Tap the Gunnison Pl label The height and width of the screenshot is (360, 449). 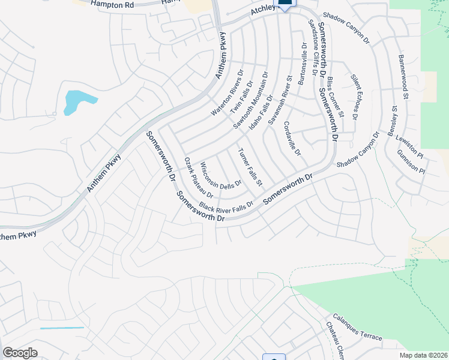(411, 162)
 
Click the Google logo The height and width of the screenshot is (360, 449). (20, 352)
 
